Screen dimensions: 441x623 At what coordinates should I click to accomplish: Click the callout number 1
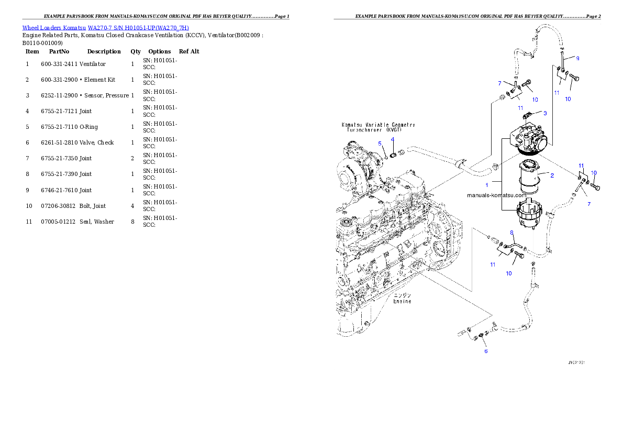[487, 185]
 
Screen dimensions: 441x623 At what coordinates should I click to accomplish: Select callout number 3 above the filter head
[545, 113]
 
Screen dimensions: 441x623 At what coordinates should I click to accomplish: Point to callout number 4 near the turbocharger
[392, 139]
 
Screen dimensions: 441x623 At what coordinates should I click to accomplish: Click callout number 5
[380, 143]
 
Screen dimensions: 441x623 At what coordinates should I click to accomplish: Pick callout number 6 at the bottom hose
[486, 351]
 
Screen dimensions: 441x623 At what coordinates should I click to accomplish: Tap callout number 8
[511, 232]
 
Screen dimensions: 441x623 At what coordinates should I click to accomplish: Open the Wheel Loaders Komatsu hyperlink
[105, 28]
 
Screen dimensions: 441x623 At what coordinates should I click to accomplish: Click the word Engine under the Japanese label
[402, 301]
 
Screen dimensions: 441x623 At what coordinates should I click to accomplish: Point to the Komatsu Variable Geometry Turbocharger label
[378, 128]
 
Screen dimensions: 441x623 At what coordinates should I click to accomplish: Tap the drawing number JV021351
[576, 362]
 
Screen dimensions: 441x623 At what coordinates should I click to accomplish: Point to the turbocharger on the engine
[361, 168]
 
